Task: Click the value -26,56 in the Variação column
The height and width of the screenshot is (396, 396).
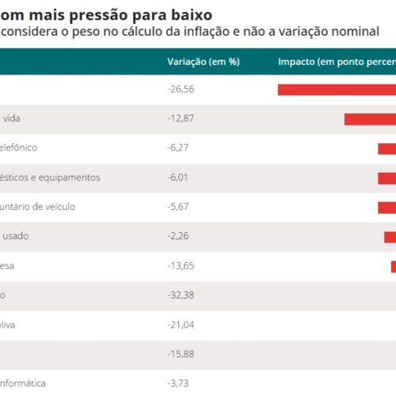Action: click(x=181, y=89)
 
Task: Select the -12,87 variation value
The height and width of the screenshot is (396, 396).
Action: click(x=181, y=118)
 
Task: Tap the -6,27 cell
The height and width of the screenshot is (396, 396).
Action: click(x=179, y=147)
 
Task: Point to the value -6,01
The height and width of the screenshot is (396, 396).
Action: click(x=179, y=177)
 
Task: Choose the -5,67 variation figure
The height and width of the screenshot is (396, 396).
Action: click(x=179, y=207)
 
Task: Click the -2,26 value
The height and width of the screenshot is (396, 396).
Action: click(x=179, y=236)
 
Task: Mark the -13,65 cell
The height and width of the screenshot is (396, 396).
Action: click(x=181, y=266)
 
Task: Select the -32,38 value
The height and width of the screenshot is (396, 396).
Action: click(x=181, y=295)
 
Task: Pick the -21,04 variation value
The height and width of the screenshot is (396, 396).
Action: click(x=181, y=325)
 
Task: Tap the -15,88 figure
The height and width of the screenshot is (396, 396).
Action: click(x=181, y=354)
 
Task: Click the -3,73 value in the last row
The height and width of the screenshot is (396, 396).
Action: click(x=179, y=383)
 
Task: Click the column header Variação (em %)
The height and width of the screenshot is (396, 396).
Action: click(x=204, y=61)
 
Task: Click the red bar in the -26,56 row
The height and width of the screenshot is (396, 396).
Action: click(x=337, y=89)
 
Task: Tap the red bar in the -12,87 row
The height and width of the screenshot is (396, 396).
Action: click(x=370, y=119)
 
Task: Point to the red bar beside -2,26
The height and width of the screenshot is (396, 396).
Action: click(x=390, y=237)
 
